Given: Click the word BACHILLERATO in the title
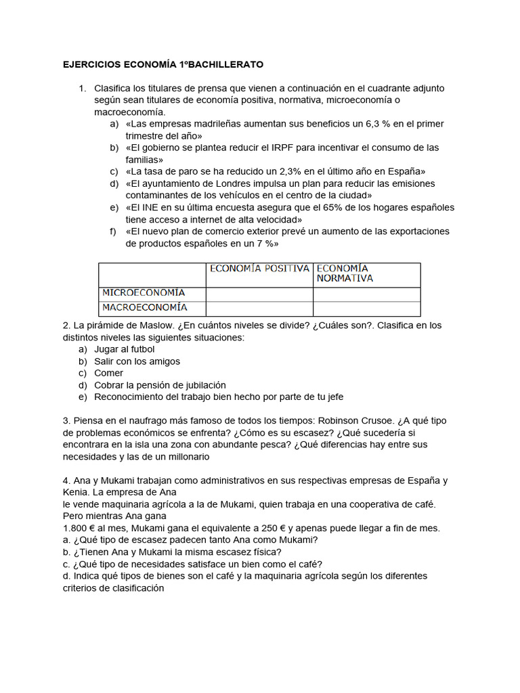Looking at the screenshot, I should coord(224,65).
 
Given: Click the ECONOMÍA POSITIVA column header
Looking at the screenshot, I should coord(259,269).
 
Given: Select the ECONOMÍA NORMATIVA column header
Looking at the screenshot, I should coord(345,273).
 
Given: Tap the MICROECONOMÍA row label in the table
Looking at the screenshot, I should coord(144,293).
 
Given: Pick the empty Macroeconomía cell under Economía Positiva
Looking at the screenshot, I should coord(259,308).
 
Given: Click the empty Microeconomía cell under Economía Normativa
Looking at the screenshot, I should coord(366,294).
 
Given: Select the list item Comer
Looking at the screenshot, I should coord(109,373).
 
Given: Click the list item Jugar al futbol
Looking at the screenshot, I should coord(125,349).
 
